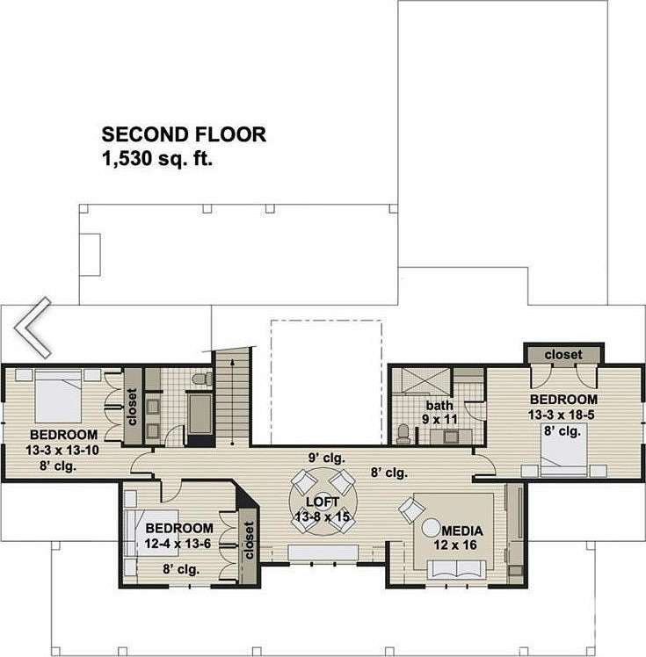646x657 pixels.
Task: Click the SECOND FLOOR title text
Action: (x=184, y=135)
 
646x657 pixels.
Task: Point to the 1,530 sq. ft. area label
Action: (x=157, y=159)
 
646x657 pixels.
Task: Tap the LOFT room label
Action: (x=323, y=502)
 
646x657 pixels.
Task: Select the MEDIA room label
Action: (x=462, y=531)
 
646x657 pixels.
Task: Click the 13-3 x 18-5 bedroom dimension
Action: (x=562, y=415)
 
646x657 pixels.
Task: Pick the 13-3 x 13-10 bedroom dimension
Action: (x=62, y=451)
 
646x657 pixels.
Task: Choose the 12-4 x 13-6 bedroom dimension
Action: (x=178, y=544)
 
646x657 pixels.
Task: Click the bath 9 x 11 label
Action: (x=439, y=412)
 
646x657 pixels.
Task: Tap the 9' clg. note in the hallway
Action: (x=327, y=458)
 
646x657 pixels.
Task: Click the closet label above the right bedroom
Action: (x=563, y=355)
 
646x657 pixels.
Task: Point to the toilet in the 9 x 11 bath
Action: (x=403, y=434)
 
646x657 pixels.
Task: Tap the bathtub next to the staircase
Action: (x=200, y=414)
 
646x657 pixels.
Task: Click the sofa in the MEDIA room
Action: (x=456, y=570)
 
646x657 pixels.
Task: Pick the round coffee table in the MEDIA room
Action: (x=432, y=528)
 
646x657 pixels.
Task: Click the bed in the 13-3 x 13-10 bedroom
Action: (x=58, y=396)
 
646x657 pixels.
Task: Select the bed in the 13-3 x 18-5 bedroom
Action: (x=564, y=450)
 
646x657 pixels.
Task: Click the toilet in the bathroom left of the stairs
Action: (x=202, y=379)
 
